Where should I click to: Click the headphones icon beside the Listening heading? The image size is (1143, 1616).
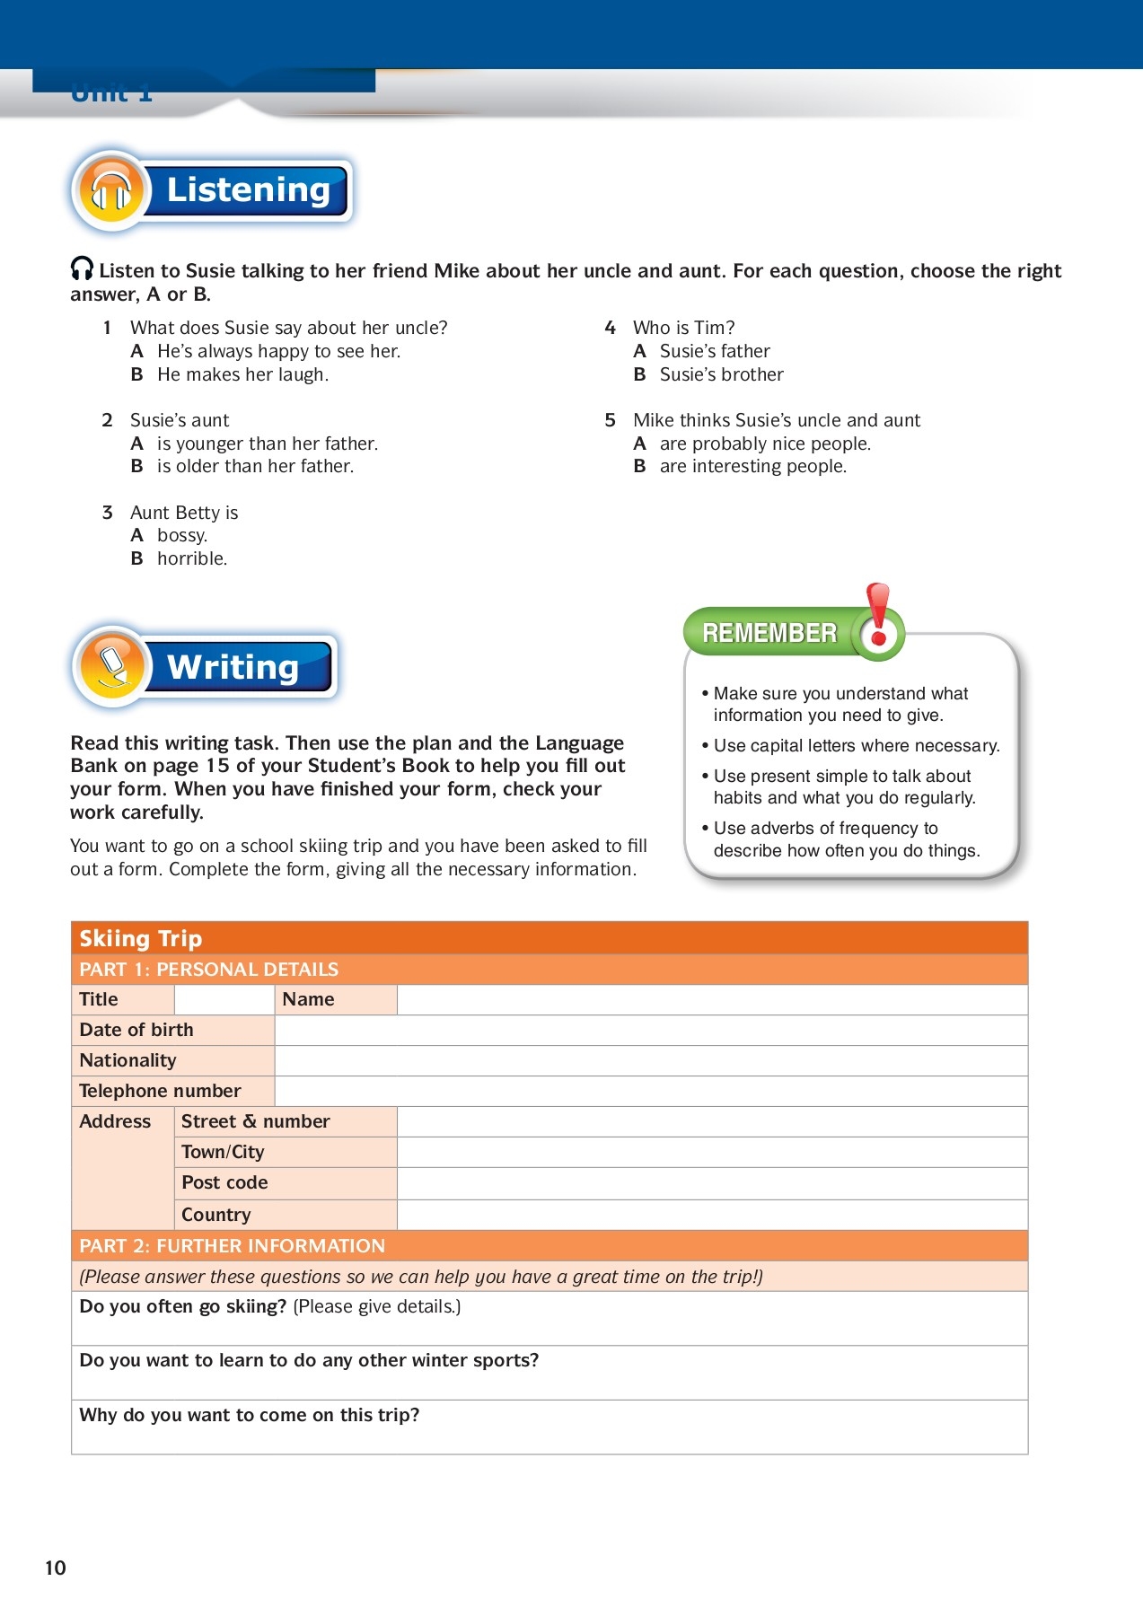coord(111,190)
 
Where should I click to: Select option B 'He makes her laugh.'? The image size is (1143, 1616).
coord(242,374)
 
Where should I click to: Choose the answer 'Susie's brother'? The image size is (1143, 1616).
coord(721,374)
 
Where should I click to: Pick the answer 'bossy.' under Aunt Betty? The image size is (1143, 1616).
coord(181,535)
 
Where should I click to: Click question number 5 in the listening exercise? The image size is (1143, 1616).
coord(611,420)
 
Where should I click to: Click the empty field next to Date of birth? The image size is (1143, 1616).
coord(650,1030)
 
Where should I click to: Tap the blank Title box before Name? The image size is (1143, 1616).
coord(224,999)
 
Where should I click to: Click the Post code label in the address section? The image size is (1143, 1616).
coord(224,1182)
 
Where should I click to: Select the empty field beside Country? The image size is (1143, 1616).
coord(711,1215)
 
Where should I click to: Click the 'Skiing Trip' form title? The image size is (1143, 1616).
coord(141,938)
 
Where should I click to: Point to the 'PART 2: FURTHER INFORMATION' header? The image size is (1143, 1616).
coord(232,1245)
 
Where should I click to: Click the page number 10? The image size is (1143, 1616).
coord(56,1568)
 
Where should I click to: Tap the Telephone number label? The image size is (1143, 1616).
coord(160,1091)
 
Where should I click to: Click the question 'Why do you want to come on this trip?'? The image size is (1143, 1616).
coord(250,1415)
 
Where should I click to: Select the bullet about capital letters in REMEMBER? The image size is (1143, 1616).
coord(856,745)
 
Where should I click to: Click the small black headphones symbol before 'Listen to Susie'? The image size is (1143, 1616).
coord(82,268)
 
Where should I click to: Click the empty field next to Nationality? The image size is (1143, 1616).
coord(650,1060)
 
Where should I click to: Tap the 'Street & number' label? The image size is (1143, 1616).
coord(255,1121)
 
